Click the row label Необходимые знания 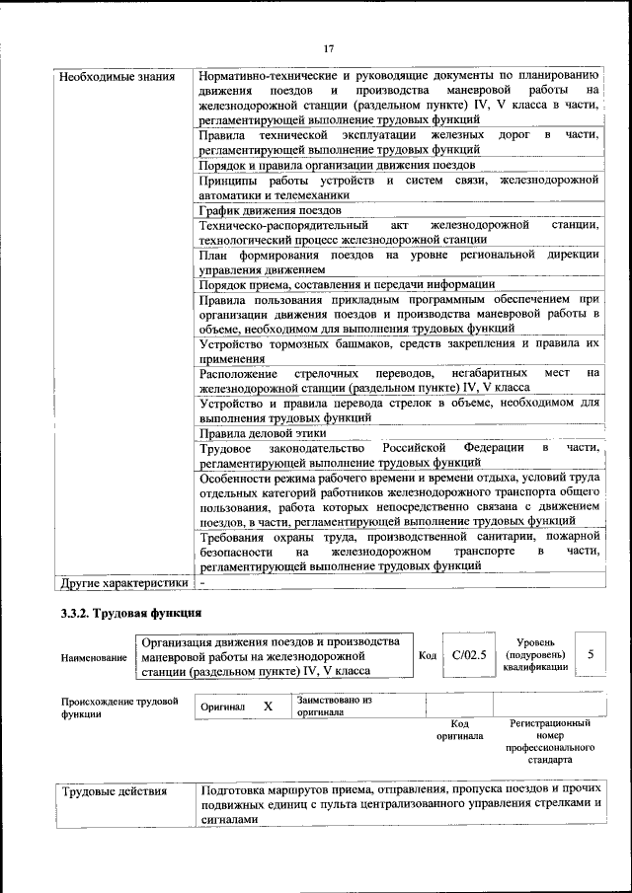(118, 76)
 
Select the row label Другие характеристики (123, 582)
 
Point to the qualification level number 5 (591, 654)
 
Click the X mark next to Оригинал (268, 707)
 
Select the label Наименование (94, 658)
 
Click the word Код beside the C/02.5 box (428, 655)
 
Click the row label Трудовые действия (116, 790)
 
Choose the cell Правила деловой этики (266, 433)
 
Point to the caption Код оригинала (459, 730)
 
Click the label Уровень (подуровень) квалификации (534, 654)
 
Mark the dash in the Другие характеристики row (201, 582)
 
